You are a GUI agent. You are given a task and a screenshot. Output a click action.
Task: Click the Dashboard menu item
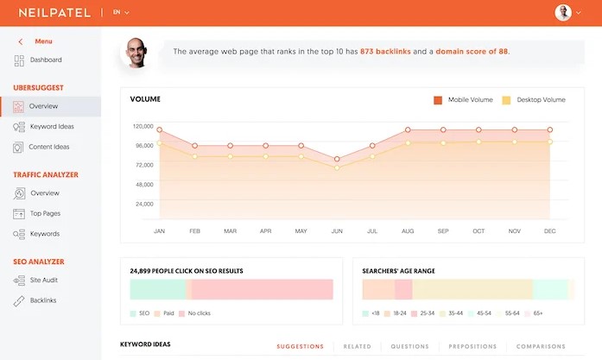coord(45,60)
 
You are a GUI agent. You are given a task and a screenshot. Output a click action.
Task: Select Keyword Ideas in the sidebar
coord(50,127)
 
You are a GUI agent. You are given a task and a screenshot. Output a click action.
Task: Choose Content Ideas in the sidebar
coord(50,148)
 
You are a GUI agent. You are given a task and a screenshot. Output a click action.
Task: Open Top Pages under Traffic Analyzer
coord(45,213)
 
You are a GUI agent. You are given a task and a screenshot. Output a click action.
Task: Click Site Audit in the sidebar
coord(45,281)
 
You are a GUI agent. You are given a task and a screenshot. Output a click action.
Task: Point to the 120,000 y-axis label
coord(143,126)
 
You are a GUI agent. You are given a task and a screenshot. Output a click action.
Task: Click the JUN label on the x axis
coord(337,231)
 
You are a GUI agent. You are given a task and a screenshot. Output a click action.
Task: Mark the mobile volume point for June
coord(337,160)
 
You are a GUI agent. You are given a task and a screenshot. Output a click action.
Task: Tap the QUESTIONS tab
coord(409,346)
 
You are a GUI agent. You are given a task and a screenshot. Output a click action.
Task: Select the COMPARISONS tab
coord(541,346)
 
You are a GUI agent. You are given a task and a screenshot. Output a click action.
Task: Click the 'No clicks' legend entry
coord(198,313)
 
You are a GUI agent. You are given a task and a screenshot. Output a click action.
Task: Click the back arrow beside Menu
coord(21,41)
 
